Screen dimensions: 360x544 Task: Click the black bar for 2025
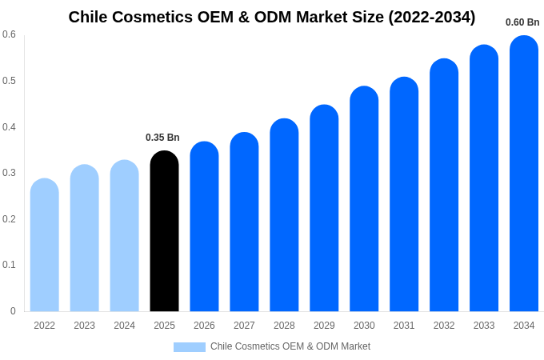tap(164, 231)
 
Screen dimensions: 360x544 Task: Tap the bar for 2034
tap(524, 174)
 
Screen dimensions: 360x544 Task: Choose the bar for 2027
tap(244, 222)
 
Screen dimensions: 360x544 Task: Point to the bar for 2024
tap(124, 236)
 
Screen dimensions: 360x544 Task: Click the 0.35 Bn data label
tap(162, 138)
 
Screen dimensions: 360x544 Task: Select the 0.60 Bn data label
tap(522, 22)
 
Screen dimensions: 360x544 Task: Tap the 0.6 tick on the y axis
tap(9, 34)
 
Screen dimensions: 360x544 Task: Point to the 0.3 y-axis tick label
tap(9, 173)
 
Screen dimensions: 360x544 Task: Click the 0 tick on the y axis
tap(13, 311)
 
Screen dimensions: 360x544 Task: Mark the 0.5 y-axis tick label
tap(9, 81)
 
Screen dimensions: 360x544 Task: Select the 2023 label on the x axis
tap(84, 326)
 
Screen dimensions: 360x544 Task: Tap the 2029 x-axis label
tap(324, 326)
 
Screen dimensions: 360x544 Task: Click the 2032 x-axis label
tap(444, 326)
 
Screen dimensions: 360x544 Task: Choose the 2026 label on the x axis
tap(204, 326)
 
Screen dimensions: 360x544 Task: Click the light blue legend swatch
tap(190, 346)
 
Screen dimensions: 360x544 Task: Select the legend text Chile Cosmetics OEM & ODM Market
tap(290, 346)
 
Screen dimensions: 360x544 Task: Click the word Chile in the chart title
tap(88, 17)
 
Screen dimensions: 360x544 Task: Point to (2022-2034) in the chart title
tap(432, 17)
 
